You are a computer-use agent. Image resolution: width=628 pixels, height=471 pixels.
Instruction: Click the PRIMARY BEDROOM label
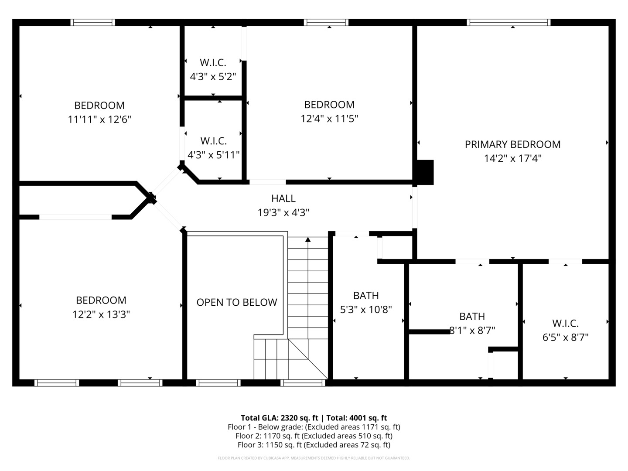pyautogui.click(x=512, y=144)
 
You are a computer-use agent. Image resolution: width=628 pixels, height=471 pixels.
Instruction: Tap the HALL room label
pyautogui.click(x=283, y=198)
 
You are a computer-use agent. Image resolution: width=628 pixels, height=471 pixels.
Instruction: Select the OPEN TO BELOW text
pyautogui.click(x=237, y=302)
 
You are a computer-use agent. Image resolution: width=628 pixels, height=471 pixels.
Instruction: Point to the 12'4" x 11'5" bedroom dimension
pyautogui.click(x=329, y=118)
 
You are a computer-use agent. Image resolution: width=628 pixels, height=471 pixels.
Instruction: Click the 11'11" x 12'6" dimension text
pyautogui.click(x=99, y=119)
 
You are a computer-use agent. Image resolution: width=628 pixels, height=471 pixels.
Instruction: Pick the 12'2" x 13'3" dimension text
pyautogui.click(x=101, y=314)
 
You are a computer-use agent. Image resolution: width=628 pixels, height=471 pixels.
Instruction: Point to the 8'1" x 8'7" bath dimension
pyautogui.click(x=472, y=331)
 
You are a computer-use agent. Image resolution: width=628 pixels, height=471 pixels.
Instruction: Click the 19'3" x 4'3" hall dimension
pyautogui.click(x=283, y=212)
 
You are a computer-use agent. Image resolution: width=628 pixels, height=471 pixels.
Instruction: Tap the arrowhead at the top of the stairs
pyautogui.click(x=308, y=240)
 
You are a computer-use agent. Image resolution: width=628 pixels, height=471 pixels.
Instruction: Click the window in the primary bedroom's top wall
pyautogui.click(x=509, y=22)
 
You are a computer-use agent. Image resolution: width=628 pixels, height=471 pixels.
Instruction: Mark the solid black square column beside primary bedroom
pyautogui.click(x=425, y=172)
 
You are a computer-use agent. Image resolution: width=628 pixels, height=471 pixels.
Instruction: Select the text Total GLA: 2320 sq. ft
pyautogui.click(x=279, y=418)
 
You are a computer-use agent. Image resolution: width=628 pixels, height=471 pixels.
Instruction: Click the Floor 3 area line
pyautogui.click(x=314, y=445)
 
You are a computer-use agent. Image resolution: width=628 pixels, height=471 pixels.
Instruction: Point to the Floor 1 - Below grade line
pyautogui.click(x=314, y=427)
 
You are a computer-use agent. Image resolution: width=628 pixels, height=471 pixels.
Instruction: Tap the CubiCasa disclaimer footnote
pyautogui.click(x=314, y=458)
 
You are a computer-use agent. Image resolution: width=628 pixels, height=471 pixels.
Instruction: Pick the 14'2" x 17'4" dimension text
pyautogui.click(x=513, y=158)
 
